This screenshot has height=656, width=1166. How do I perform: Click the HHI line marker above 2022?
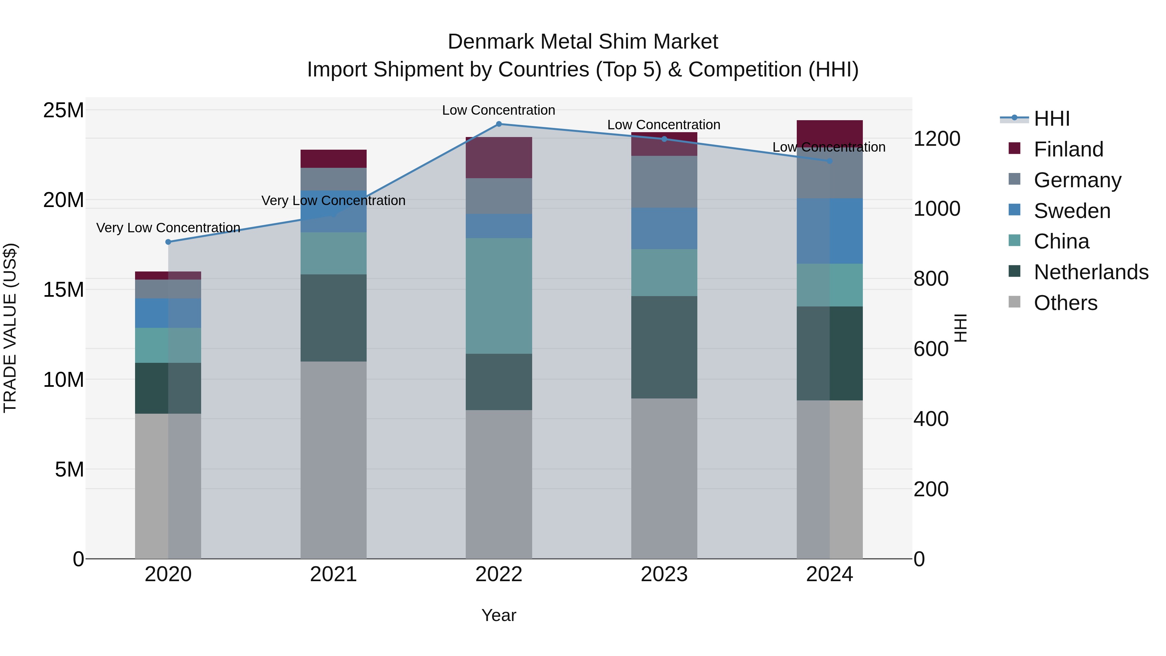pos(499,124)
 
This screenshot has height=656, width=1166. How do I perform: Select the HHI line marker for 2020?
pos(168,242)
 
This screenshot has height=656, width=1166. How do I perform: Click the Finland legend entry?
pos(1068,149)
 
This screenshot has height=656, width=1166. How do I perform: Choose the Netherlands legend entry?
pos(1091,272)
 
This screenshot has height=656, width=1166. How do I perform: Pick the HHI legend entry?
pos(1051,119)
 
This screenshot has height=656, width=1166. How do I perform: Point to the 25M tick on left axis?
pos(63,110)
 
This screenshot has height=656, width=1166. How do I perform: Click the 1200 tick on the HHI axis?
pos(936,139)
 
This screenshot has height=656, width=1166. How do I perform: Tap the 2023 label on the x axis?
pos(664,574)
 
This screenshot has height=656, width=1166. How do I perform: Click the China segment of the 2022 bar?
pos(499,296)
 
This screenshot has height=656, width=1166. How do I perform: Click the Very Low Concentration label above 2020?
pos(168,228)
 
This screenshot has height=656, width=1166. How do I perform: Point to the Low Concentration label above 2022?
pos(498,110)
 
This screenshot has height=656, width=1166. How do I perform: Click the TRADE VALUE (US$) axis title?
pos(10,328)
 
